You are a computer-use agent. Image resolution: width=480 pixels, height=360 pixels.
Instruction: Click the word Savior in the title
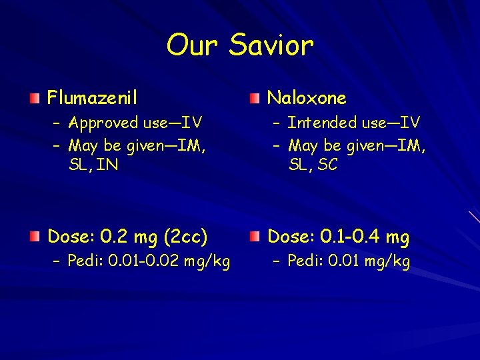tap(271, 46)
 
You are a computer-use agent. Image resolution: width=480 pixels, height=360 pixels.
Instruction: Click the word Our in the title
tap(193, 46)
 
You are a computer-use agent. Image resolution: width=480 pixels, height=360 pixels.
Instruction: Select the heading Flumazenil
tap(92, 99)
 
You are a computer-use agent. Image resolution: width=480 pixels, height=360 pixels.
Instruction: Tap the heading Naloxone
tap(307, 99)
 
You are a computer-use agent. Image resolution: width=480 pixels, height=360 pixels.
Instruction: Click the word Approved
tap(101, 123)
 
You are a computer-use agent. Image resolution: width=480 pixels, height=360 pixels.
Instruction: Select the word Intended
tap(322, 123)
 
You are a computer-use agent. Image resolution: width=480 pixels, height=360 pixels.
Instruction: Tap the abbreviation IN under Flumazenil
tap(107, 165)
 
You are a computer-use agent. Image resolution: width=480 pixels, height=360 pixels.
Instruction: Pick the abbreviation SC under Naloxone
tap(327, 165)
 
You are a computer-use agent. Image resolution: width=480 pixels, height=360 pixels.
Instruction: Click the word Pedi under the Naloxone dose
tap(303, 262)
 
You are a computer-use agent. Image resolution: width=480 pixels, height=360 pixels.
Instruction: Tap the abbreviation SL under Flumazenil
tap(77, 165)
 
